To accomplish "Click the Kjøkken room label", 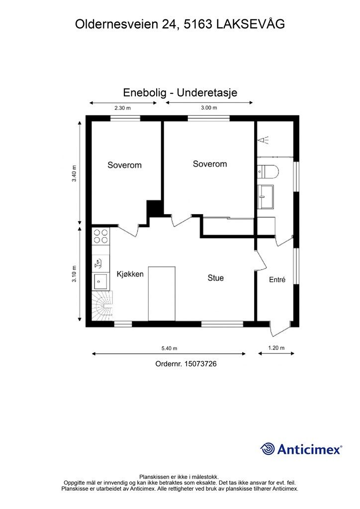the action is point(130,274).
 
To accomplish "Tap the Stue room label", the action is point(215,278).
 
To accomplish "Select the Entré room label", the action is point(277,279).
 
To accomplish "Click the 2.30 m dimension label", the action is point(122,108).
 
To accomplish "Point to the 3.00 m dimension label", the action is point(209,108).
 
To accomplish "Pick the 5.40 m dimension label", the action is point(169,348).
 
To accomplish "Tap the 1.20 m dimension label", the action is point(276,348).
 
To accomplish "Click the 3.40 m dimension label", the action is point(75,173).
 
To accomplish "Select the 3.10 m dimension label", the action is point(75,274).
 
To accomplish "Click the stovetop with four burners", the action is point(100,236).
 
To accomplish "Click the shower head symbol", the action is point(263,140).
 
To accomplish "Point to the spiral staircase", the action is point(102,306).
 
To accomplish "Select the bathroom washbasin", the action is point(266,196).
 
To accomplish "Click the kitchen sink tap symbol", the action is point(98,263).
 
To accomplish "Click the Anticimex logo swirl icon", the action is point(268,449).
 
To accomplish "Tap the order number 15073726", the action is point(200,363).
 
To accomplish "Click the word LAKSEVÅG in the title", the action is point(250,24).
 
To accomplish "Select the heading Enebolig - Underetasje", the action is point(180,92).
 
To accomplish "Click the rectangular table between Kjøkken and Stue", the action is point(162,294).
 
